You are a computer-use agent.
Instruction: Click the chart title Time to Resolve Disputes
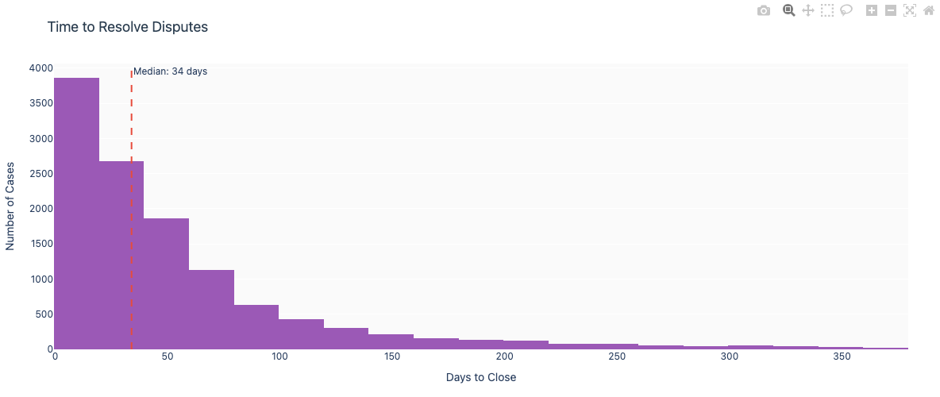point(127,27)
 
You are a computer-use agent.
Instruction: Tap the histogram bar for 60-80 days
point(211,310)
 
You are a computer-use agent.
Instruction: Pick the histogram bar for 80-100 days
point(256,327)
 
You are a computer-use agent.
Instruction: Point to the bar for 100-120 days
point(301,334)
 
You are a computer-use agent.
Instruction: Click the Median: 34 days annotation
point(170,71)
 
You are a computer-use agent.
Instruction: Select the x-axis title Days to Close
point(480,377)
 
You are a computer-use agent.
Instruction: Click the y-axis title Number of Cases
point(10,206)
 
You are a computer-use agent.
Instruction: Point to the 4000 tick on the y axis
point(40,68)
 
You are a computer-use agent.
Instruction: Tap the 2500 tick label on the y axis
point(40,173)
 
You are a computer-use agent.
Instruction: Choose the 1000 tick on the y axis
point(40,279)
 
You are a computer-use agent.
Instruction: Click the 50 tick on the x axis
point(167,357)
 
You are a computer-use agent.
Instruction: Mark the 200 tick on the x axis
point(503,357)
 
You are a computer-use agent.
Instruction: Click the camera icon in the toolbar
point(764,10)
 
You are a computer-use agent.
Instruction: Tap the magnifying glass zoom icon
point(789,10)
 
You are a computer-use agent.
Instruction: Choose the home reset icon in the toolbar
point(928,10)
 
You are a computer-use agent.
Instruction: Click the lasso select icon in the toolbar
point(846,10)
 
